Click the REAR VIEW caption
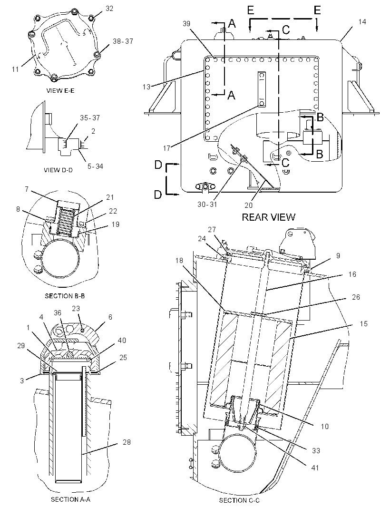[x=268, y=217]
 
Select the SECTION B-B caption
[x=65, y=296]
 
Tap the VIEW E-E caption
[x=60, y=91]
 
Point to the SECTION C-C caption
[x=239, y=500]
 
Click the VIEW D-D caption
[x=58, y=170]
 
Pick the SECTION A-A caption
[x=70, y=499]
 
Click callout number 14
[x=362, y=22]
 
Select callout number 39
[x=186, y=24]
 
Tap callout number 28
[x=127, y=442]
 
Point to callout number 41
[x=315, y=468]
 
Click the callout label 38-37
[x=123, y=41]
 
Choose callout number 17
[x=166, y=148]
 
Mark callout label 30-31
[x=207, y=205]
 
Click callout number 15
[x=363, y=324]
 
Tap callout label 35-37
[x=90, y=118]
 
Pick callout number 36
[x=58, y=313]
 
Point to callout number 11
[x=15, y=69]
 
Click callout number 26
[x=355, y=297]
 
